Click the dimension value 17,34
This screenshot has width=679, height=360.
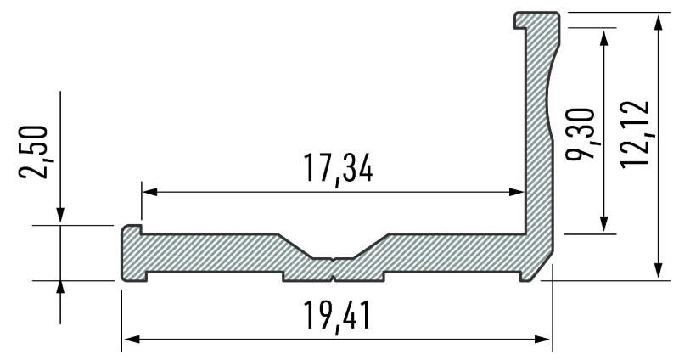point(338,169)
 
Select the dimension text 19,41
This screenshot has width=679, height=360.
point(337,316)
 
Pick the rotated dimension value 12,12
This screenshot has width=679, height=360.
point(635,132)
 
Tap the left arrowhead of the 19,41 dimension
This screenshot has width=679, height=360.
point(129,340)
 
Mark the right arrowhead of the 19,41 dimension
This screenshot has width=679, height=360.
point(545,340)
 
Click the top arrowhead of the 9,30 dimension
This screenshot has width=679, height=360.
point(604,34)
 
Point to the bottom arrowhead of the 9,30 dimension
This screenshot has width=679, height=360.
point(604,225)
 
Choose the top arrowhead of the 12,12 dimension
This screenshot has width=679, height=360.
point(659,20)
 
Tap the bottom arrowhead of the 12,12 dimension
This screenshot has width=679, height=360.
point(659,272)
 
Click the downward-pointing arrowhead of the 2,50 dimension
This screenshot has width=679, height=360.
point(60,218)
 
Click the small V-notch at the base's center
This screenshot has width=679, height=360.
point(334,257)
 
